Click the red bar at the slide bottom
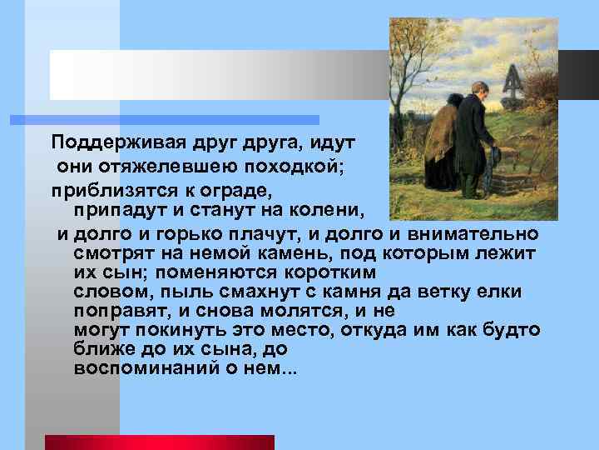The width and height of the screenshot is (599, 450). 158,442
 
